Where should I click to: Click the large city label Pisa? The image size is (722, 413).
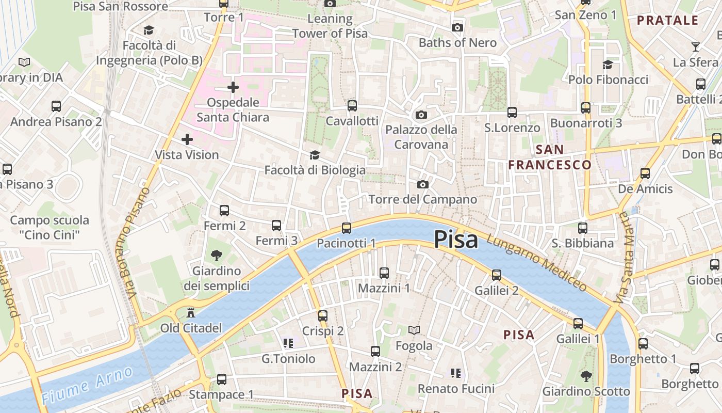(455, 240)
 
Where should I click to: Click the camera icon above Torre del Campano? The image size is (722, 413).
(423, 184)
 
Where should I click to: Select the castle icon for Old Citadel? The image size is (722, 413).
(191, 313)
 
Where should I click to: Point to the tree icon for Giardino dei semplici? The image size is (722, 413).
(217, 255)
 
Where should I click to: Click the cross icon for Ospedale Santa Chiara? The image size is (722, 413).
(233, 87)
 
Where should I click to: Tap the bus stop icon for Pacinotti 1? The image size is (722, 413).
(347, 228)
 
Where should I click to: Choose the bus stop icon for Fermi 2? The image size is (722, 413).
(224, 211)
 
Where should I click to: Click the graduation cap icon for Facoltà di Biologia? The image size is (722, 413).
(315, 155)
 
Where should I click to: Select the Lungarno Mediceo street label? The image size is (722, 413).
(536, 263)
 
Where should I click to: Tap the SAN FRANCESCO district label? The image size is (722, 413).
(550, 157)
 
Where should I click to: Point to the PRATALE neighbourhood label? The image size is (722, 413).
(667, 21)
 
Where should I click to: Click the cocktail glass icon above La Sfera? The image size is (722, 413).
(696, 47)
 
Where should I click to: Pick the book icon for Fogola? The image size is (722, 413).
(414, 330)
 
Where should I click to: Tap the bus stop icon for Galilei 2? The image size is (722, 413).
(497, 275)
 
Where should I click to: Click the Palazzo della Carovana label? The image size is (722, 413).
(421, 137)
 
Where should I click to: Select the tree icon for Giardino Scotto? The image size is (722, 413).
(586, 376)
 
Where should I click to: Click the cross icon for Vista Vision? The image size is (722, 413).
(187, 139)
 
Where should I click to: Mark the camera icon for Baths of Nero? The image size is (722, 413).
(457, 27)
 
